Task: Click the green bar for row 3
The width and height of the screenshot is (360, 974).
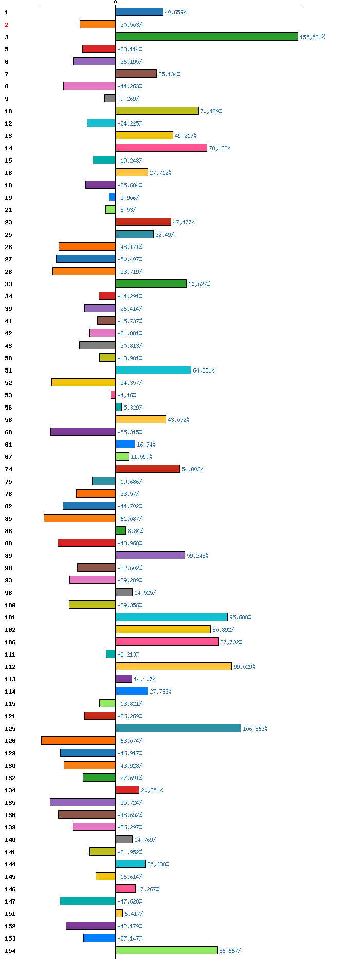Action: coord(207,37)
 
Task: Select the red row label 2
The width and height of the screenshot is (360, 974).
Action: coord(7,25)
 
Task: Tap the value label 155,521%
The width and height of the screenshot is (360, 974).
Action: coord(312,37)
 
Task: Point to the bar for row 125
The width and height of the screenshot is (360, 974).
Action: coord(178,728)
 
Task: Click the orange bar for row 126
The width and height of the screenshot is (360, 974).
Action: coord(78,740)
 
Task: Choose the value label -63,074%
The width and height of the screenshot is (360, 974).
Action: coord(130,741)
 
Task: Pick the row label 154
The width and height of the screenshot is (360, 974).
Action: coord(10,951)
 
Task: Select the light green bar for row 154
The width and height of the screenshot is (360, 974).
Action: coord(167,950)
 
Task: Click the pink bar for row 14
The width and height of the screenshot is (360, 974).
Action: coord(161,148)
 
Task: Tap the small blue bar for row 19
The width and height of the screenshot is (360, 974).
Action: coord(112,197)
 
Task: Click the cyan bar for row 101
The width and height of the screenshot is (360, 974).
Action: coord(172,617)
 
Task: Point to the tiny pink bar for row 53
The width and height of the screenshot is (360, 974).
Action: coord(113,395)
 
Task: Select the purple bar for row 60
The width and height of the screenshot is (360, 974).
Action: coord(83,432)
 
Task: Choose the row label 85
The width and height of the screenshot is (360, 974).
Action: coord(8,519)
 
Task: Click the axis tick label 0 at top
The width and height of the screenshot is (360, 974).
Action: coord(115,3)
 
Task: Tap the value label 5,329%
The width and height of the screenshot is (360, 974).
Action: coord(133,408)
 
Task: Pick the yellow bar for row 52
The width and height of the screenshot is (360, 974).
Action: coord(83,382)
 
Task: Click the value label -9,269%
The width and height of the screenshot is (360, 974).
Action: coord(128,99)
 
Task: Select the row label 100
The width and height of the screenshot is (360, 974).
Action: coord(10,605)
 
